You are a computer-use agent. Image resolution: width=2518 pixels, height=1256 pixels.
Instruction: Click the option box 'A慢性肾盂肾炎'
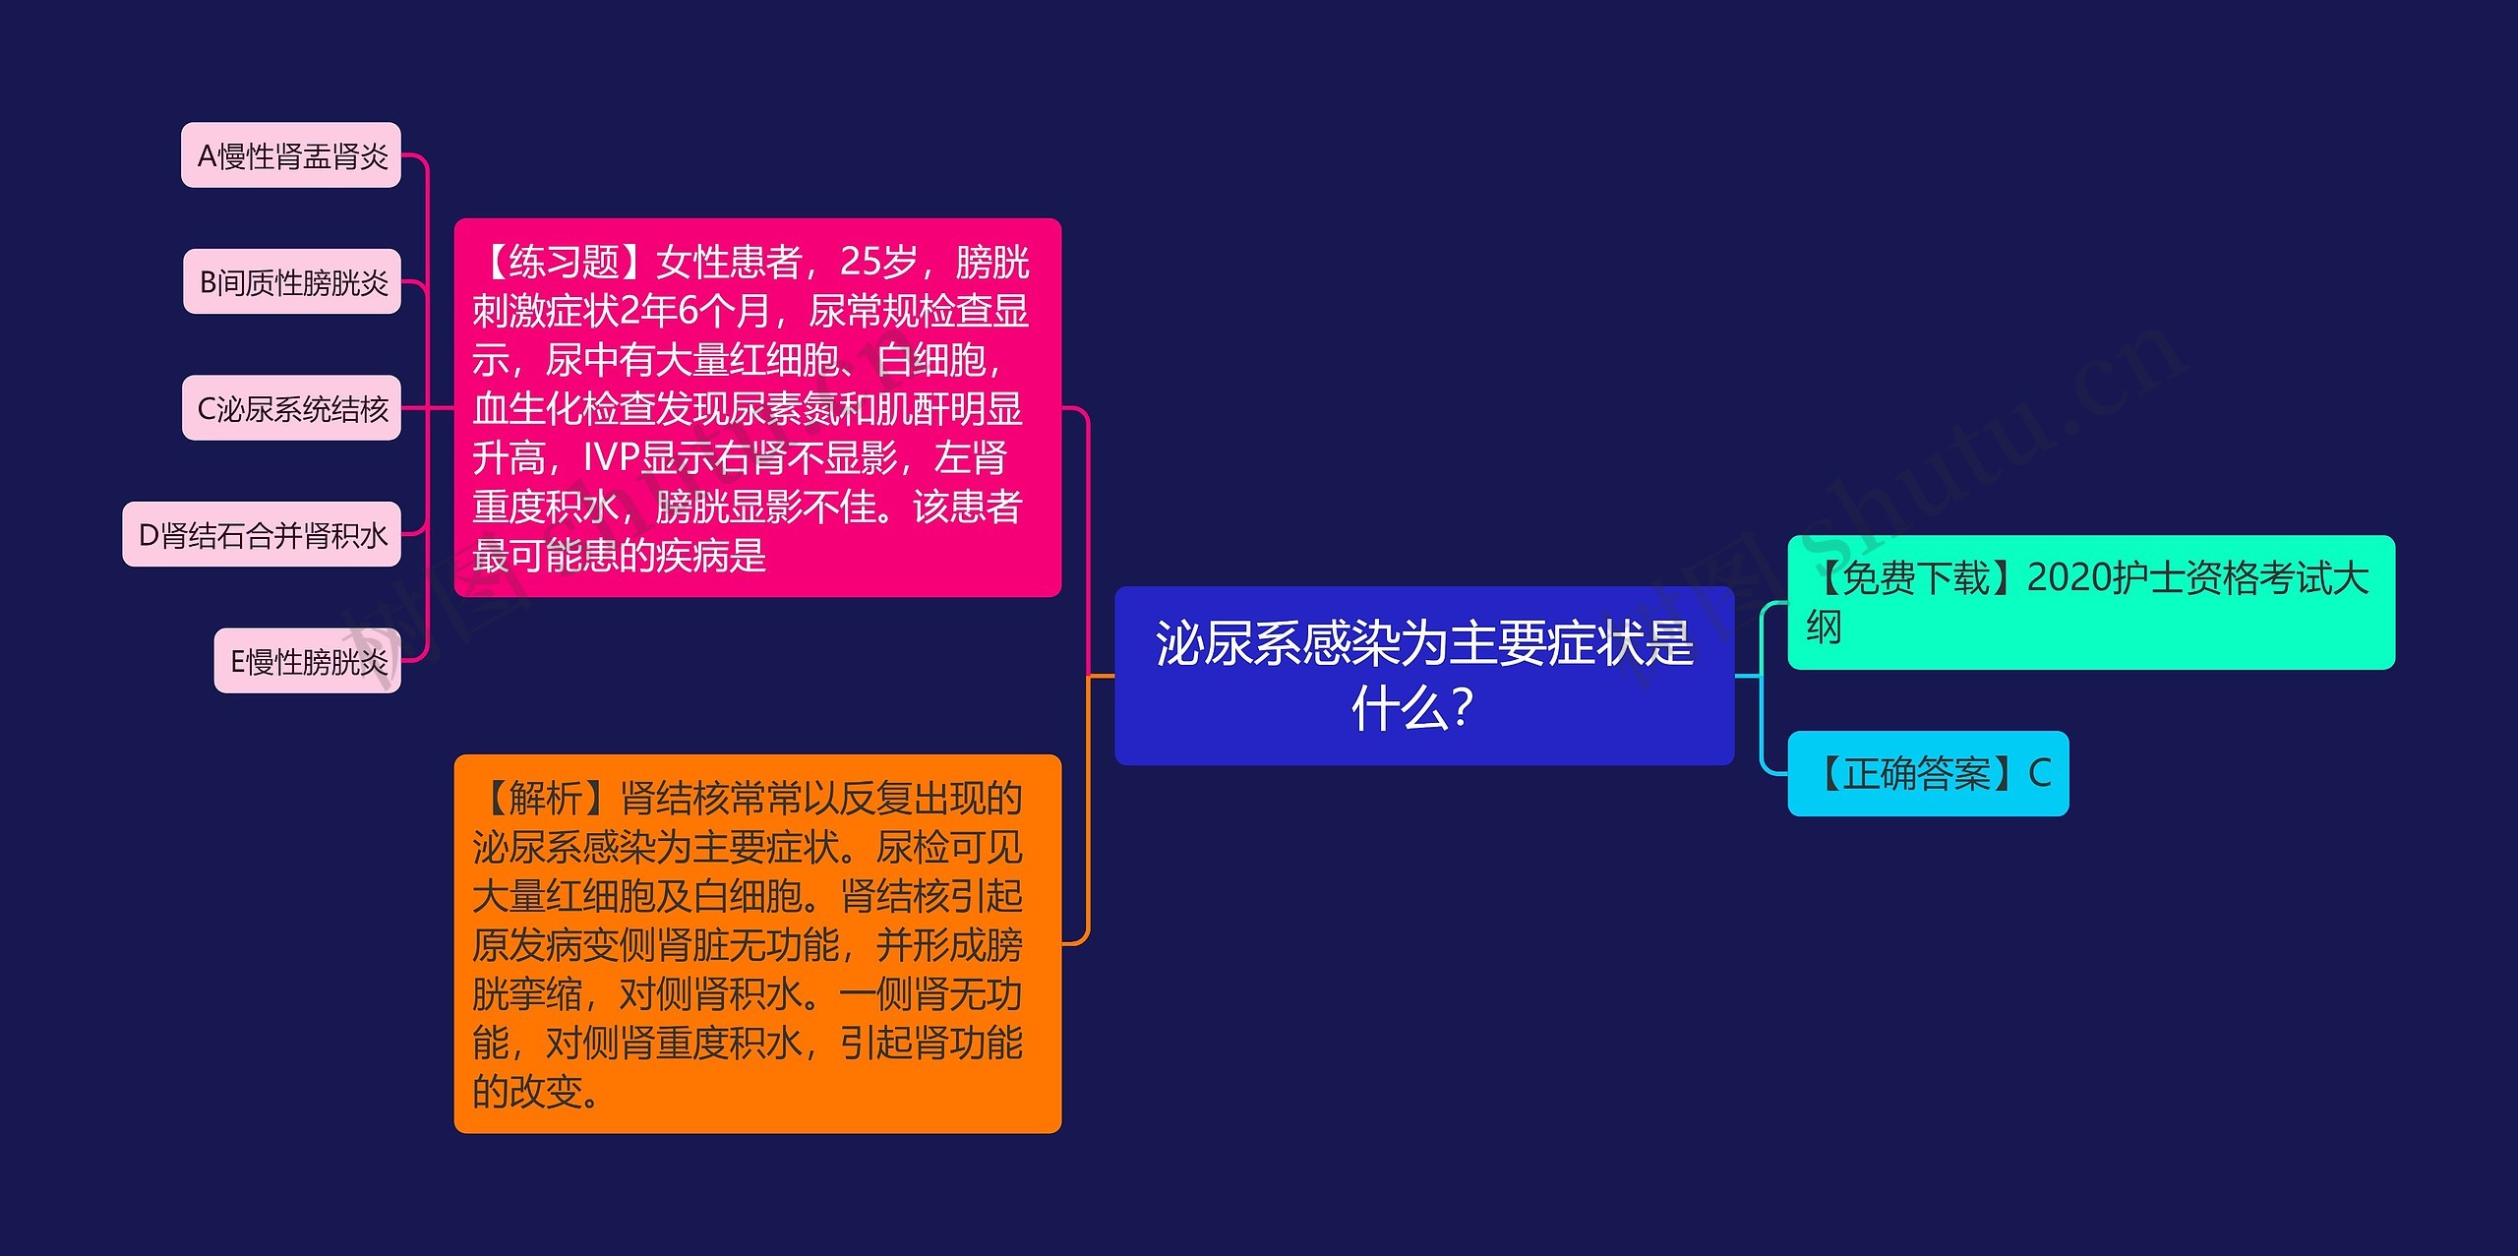pyautogui.click(x=291, y=155)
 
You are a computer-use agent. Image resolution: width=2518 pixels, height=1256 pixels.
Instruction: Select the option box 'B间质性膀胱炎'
pyautogui.click(x=292, y=282)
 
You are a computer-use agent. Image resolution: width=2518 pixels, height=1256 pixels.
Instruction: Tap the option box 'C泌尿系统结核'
pyautogui.click(x=291, y=408)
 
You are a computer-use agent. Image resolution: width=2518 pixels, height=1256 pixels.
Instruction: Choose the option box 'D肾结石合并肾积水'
pyautogui.click(x=262, y=535)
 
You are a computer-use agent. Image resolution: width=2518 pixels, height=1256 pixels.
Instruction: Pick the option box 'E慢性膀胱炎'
pyautogui.click(x=308, y=661)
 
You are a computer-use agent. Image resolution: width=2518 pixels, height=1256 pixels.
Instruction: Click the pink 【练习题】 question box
pyautogui.click(x=756, y=408)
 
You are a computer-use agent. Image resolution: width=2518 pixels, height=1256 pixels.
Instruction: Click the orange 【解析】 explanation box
pyautogui.click(x=756, y=944)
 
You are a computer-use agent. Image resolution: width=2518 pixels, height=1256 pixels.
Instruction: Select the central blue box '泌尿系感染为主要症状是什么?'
pyautogui.click(x=1423, y=676)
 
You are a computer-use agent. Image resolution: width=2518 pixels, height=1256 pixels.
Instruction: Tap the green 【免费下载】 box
pyautogui.click(x=2090, y=602)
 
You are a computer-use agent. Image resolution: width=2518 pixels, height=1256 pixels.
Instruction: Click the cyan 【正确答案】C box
pyautogui.click(x=1928, y=774)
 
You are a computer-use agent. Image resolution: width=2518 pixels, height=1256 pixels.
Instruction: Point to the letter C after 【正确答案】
pyautogui.click(x=2040, y=774)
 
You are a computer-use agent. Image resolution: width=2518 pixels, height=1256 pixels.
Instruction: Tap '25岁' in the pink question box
pyautogui.click(x=877, y=263)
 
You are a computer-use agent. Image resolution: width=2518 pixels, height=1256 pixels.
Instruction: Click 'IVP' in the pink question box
pyautogui.click(x=611, y=458)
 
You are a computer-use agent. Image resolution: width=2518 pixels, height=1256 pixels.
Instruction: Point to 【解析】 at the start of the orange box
pyautogui.click(x=545, y=799)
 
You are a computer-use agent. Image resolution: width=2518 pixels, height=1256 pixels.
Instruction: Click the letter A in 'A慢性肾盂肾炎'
pyautogui.click(x=207, y=156)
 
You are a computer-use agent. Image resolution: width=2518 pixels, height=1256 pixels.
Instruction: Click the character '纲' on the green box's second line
pyautogui.click(x=1824, y=628)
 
